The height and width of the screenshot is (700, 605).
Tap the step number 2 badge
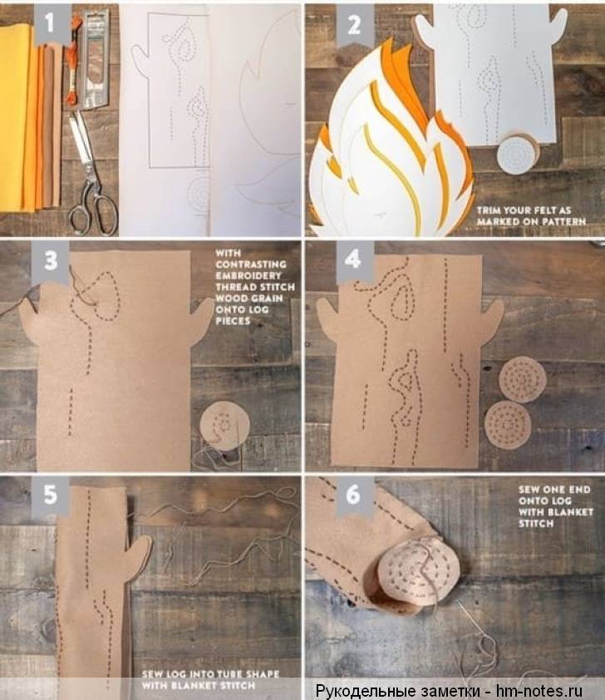[x=354, y=25]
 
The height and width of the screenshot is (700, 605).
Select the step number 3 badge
[x=51, y=261]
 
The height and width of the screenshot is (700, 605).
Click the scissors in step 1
[x=91, y=174]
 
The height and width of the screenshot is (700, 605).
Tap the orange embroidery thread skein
[x=71, y=59]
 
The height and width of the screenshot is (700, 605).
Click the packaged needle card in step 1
[x=96, y=58]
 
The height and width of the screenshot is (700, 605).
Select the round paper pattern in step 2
[x=518, y=155]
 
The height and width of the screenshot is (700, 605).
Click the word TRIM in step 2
[x=489, y=210]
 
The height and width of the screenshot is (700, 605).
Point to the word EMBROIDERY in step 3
[x=248, y=275]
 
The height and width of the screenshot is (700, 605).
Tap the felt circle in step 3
[x=224, y=426]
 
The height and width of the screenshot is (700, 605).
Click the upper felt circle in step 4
[x=523, y=379]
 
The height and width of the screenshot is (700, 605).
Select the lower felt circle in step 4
[x=508, y=425]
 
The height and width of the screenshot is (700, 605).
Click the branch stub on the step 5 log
[x=140, y=553]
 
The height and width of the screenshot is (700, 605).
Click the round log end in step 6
[x=421, y=575]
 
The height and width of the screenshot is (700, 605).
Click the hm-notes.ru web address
[x=540, y=691]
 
